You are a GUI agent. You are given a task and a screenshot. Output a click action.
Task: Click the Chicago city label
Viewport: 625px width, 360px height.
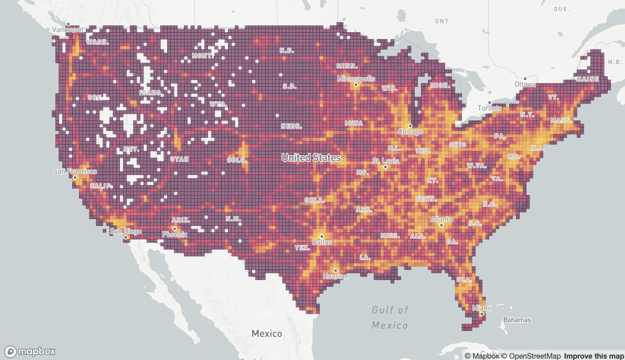pyautogui.click(x=410, y=132)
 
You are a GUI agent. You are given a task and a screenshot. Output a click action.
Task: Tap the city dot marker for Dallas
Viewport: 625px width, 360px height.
pyautogui.click(x=322, y=236)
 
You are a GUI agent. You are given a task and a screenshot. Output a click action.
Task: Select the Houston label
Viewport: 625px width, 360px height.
pyautogui.click(x=336, y=276)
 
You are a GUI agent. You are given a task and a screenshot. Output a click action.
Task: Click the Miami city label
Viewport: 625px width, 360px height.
pyautogui.click(x=481, y=308)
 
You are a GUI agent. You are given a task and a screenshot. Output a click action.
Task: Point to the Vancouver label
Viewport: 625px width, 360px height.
pyautogui.click(x=68, y=30)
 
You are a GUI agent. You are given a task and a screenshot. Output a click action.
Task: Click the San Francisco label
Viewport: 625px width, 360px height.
pyautogui.click(x=75, y=171)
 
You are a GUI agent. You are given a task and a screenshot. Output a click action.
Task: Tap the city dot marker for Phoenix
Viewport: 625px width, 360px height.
pyautogui.click(x=174, y=229)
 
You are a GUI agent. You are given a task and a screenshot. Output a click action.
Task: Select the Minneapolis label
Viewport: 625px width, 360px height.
pyautogui.click(x=356, y=79)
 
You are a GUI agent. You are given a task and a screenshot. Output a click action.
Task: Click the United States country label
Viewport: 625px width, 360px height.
pyautogui.click(x=311, y=158)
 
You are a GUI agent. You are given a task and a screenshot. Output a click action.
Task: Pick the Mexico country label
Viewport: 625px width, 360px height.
pyautogui.click(x=267, y=334)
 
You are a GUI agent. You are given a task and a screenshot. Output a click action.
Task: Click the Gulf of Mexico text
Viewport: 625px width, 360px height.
pyautogui.click(x=390, y=317)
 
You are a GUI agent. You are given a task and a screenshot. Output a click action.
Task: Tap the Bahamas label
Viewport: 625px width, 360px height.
pyautogui.click(x=517, y=320)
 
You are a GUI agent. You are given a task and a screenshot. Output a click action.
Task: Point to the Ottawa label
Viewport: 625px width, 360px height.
pyautogui.click(x=525, y=85)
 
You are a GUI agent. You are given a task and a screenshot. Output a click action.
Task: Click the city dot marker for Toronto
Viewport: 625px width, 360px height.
pyautogui.click(x=489, y=103)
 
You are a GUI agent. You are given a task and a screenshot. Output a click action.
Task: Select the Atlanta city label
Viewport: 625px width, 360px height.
pyautogui.click(x=441, y=219)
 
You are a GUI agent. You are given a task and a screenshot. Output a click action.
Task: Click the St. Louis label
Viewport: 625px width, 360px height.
pyautogui.click(x=385, y=161)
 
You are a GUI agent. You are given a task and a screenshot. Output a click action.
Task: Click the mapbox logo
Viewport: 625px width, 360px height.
pyautogui.click(x=30, y=351)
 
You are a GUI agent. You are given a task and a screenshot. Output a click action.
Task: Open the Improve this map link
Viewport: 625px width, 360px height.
pyautogui.click(x=594, y=356)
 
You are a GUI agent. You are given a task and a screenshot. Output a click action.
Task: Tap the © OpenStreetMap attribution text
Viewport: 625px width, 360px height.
pyautogui.click(x=531, y=356)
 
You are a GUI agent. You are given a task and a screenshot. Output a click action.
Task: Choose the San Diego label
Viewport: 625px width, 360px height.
pyautogui.click(x=126, y=231)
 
